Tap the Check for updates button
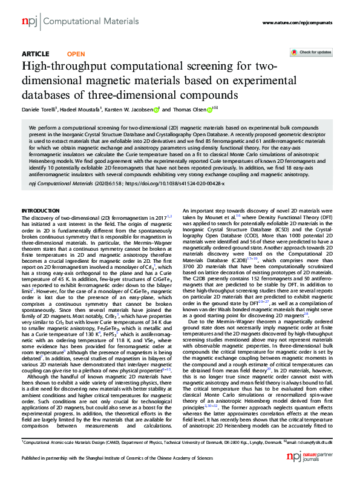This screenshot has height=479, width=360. [x=310, y=53]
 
